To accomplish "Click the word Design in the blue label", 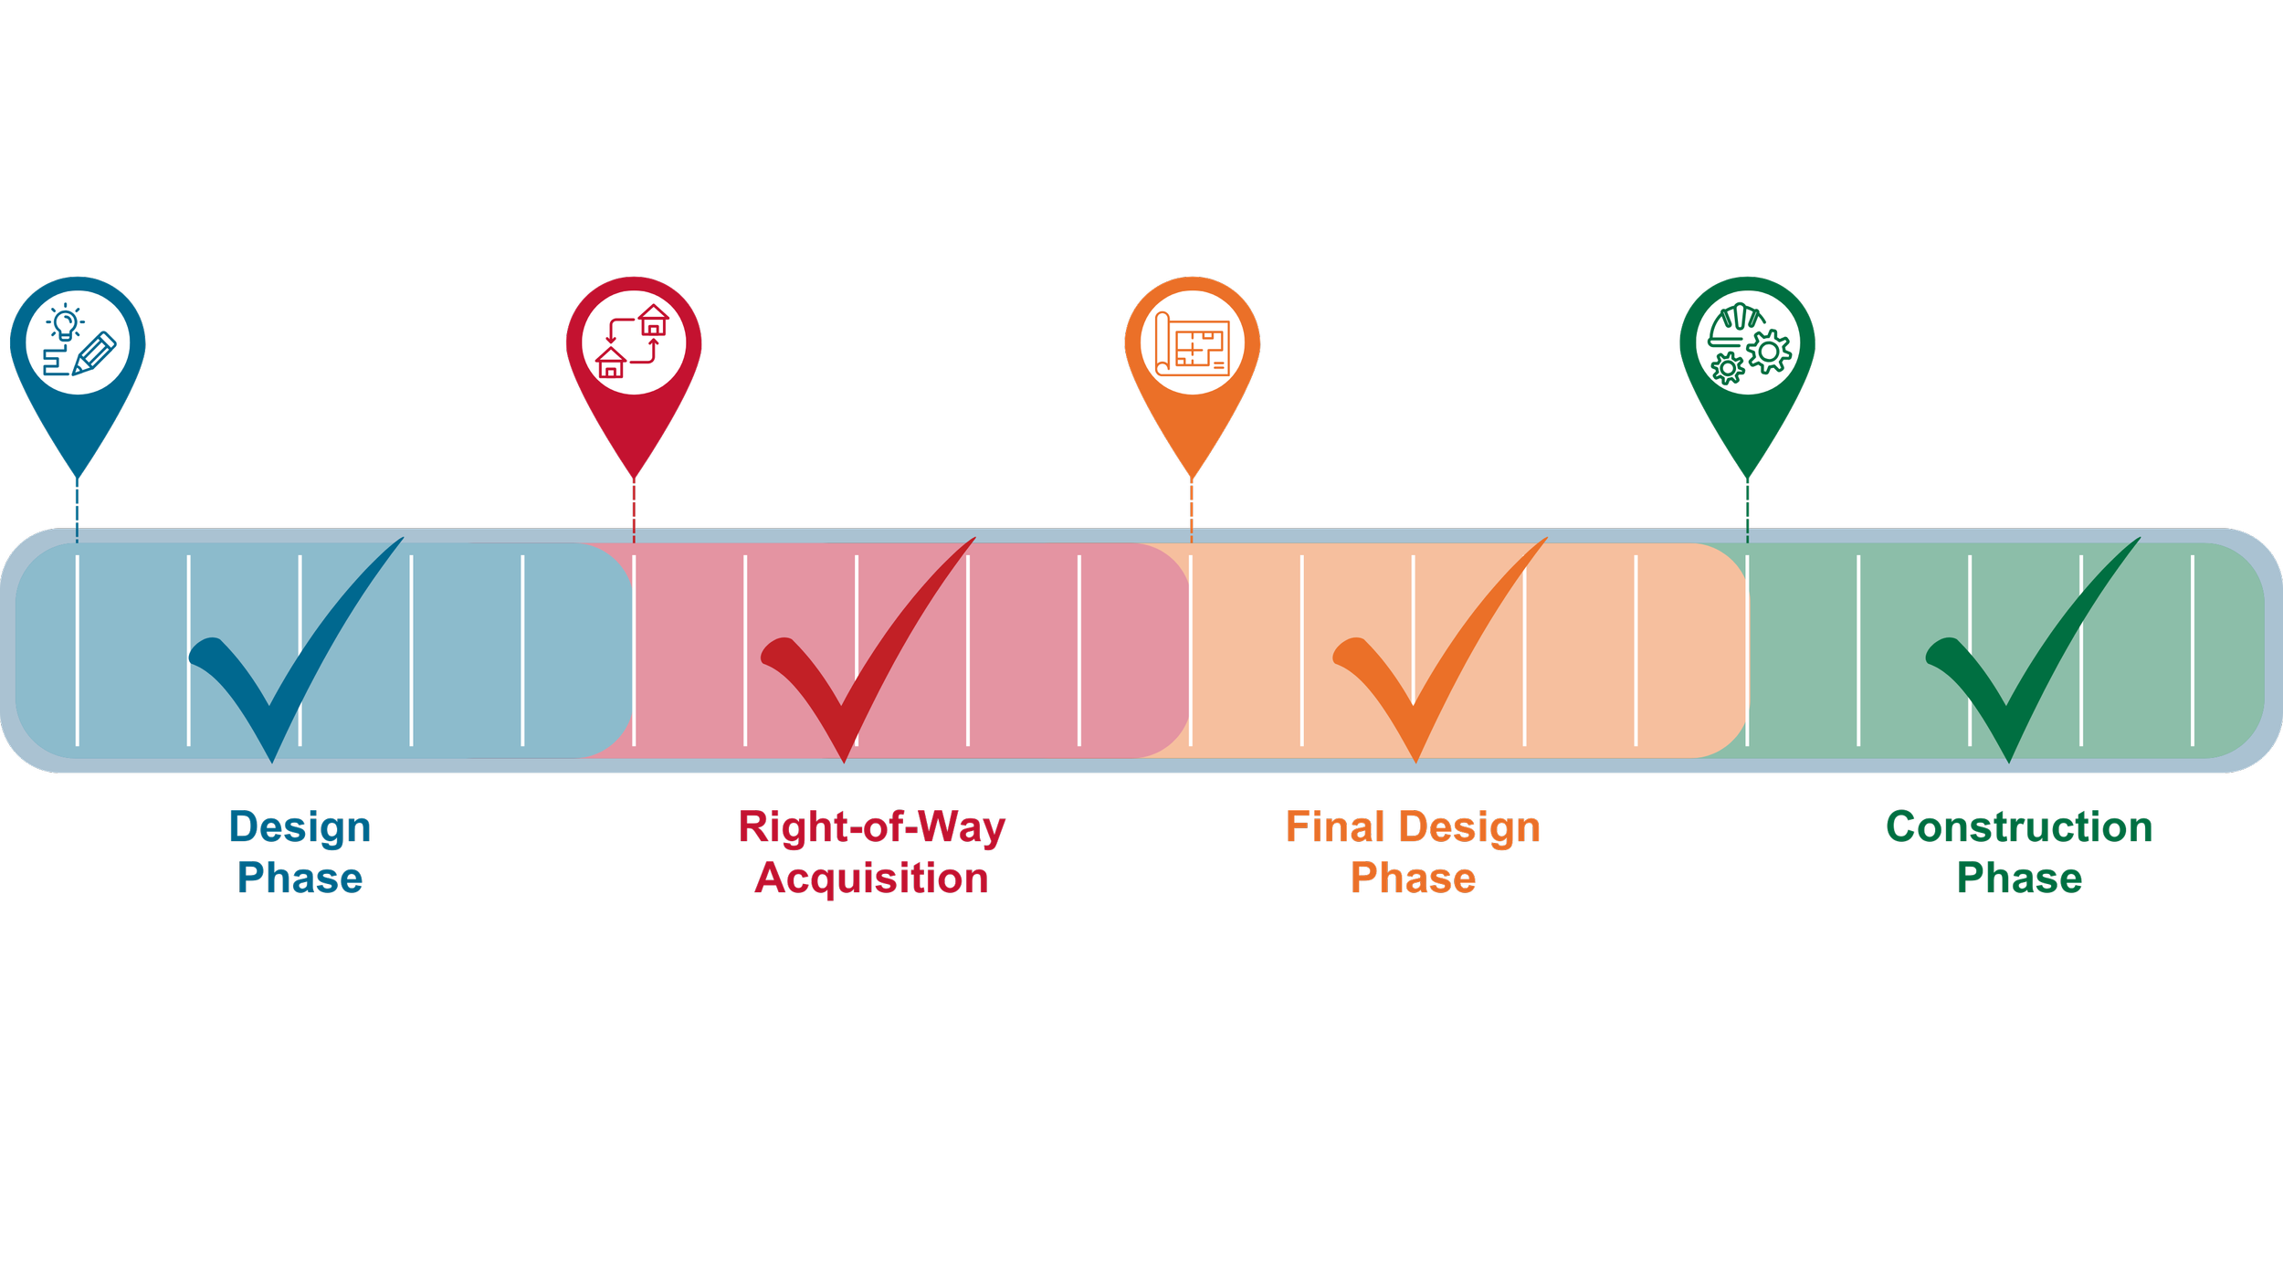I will point(300,827).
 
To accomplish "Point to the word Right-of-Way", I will point(872,827).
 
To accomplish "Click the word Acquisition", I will point(872,879).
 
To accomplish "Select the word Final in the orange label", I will point(1322,827).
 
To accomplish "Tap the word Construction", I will point(2019,827).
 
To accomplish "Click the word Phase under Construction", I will point(2019,879).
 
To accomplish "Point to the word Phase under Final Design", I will point(1413,879).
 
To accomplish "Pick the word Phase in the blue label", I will point(300,879).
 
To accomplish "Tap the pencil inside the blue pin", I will point(94,353).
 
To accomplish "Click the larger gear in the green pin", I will point(1769,351).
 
